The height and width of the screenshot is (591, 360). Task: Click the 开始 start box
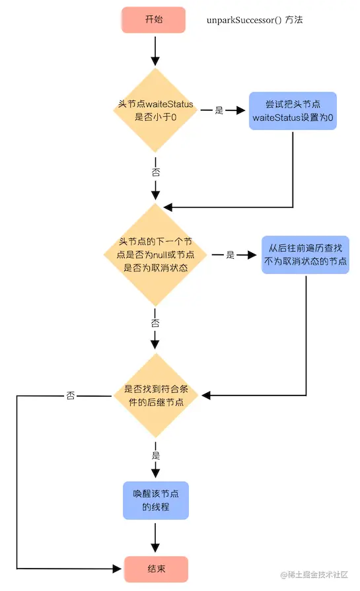point(155,20)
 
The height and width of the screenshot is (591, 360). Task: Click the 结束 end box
point(156,569)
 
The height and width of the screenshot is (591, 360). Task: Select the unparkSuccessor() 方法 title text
point(254,20)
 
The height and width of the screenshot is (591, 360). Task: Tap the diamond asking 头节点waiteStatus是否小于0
point(156,110)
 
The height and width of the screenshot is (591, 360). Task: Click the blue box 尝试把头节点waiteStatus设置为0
point(293,110)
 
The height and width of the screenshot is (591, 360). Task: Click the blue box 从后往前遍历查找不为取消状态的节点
point(305,255)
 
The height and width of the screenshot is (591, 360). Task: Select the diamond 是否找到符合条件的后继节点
point(156,396)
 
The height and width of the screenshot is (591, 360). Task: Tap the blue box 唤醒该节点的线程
point(156,500)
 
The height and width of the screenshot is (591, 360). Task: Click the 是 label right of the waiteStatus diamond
point(219,110)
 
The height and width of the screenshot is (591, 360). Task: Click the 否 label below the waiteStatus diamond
point(156,171)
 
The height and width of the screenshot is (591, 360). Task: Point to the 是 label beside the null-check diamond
point(231,255)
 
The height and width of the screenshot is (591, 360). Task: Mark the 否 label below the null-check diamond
point(156,323)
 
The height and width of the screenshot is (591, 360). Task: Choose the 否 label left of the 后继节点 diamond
point(70,396)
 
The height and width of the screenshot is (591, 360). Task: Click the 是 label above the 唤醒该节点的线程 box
point(156,456)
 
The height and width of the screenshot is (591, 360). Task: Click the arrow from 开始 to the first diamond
point(156,50)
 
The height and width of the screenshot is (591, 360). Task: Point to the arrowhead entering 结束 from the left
point(118,569)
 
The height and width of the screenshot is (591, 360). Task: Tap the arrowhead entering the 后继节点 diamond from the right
point(206,396)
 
